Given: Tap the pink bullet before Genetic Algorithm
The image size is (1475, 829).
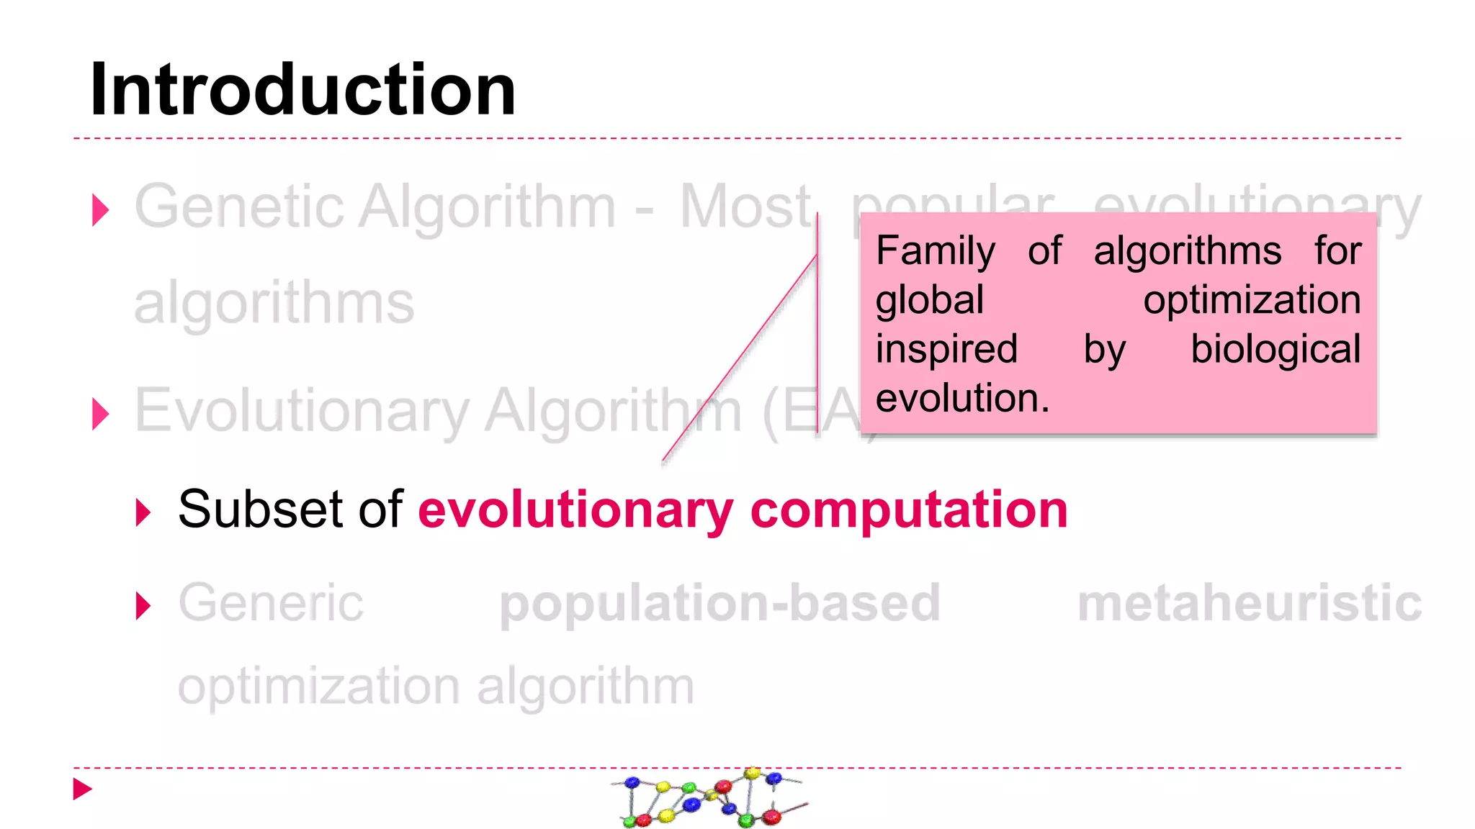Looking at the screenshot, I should [101, 210].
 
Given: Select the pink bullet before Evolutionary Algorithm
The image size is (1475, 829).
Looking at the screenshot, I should [101, 414].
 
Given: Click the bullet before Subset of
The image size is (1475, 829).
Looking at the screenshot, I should [143, 512].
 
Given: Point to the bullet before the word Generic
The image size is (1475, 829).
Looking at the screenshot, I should [143, 606].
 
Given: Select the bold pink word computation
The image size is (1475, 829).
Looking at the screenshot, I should [909, 511].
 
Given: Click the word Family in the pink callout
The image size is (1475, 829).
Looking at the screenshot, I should [936, 252].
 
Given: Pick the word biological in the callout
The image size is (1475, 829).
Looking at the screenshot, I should [1276, 350].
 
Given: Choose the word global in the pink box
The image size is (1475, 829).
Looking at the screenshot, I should [929, 300].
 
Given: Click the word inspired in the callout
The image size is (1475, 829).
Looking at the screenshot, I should [946, 349].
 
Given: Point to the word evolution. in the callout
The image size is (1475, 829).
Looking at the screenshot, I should [962, 398].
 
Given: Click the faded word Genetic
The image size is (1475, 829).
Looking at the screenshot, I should [240, 207].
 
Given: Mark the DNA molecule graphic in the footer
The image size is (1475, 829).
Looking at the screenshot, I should [710, 797].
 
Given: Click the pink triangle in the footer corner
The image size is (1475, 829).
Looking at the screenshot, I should [82, 789].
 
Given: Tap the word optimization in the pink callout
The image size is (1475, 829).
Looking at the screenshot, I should [1252, 300].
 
